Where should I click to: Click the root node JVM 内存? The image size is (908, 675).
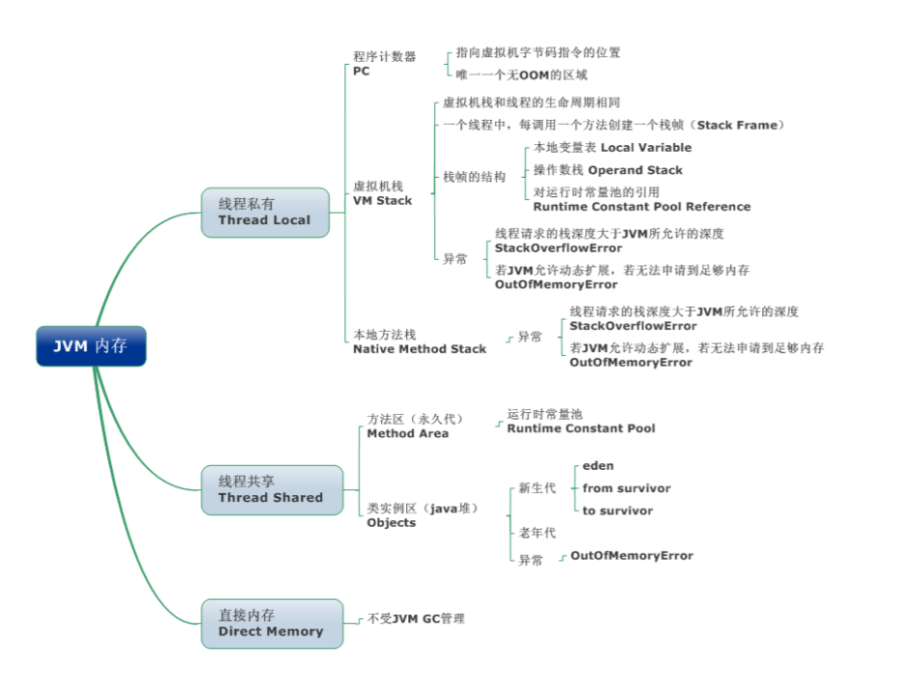pyautogui.click(x=91, y=346)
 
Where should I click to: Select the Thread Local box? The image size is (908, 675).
pyautogui.click(x=265, y=213)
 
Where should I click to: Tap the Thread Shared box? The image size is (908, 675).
pyautogui.click(x=271, y=489)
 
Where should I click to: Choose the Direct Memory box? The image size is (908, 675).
pyautogui.click(x=271, y=623)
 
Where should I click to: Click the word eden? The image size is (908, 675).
pyautogui.click(x=598, y=466)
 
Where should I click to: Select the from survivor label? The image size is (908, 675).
pyautogui.click(x=626, y=488)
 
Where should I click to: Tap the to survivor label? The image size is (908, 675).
pyautogui.click(x=617, y=511)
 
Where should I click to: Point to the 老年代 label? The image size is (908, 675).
pyautogui.click(x=537, y=533)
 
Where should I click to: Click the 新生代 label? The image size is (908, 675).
pyautogui.click(x=537, y=488)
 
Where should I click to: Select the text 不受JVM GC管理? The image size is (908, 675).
pyautogui.click(x=416, y=618)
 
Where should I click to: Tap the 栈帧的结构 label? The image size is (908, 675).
pyautogui.click(x=474, y=177)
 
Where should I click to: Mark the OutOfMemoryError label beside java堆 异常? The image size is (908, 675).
pyautogui.click(x=631, y=556)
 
